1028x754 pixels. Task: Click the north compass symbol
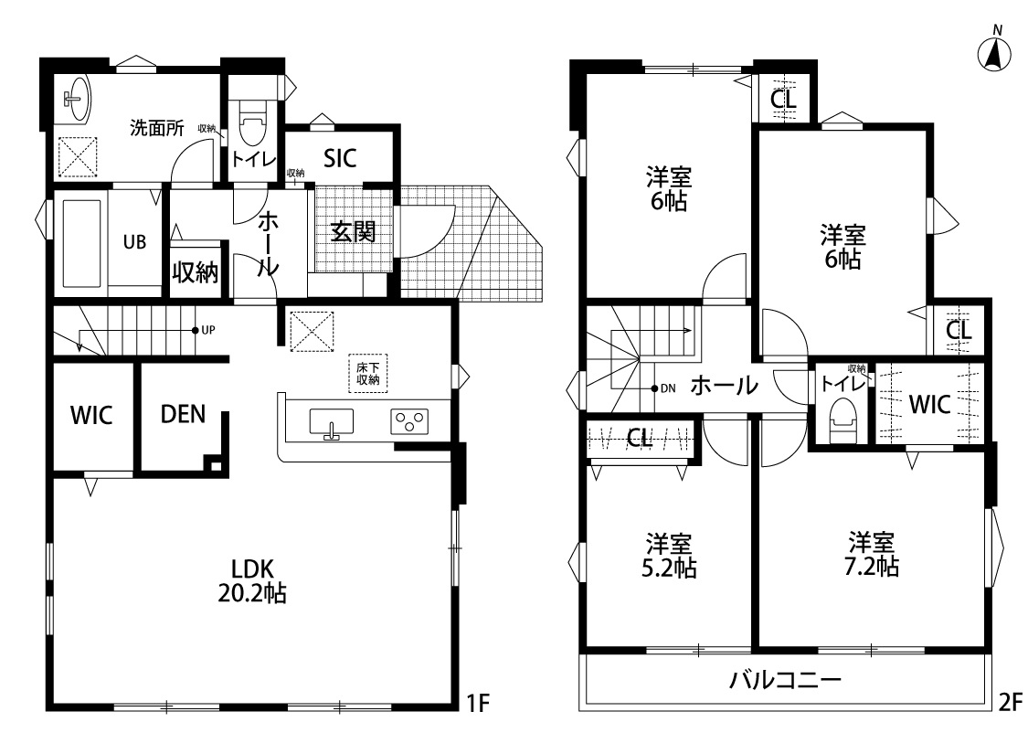[994, 51]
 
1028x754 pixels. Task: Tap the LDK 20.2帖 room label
[252, 581]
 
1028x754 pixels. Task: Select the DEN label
[183, 414]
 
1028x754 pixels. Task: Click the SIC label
[340, 158]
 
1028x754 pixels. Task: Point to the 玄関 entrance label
[353, 231]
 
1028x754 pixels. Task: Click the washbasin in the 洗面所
[77, 99]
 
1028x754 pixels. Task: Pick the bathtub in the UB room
[81, 243]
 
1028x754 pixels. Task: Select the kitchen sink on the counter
[331, 422]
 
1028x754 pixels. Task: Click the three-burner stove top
[409, 421]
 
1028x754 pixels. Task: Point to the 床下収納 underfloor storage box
[368, 374]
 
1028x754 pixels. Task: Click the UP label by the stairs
[207, 331]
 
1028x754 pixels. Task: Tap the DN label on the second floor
[668, 388]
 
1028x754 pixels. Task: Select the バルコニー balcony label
[785, 680]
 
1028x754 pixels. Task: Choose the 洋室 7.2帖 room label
[872, 555]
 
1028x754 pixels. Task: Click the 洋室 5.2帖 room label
[669, 556]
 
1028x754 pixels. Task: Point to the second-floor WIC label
[929, 405]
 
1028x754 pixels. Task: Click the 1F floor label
[478, 703]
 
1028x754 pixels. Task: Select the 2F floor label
[1011, 703]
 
